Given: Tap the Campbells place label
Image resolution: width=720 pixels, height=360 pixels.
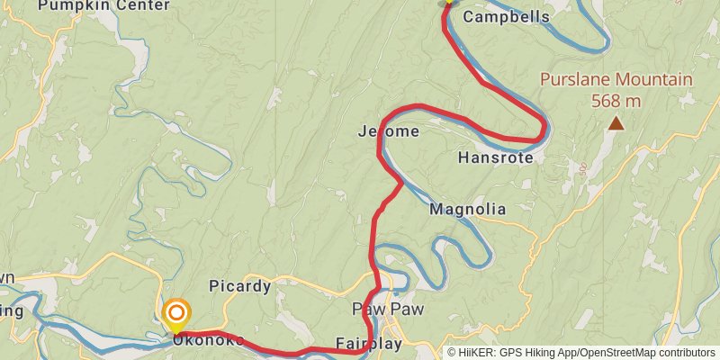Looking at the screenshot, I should (506, 16).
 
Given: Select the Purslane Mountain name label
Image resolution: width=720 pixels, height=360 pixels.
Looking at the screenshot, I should (616, 79).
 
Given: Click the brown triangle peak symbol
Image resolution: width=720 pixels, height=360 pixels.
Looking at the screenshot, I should (616, 122).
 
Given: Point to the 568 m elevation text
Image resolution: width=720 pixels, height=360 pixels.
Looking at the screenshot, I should (616, 100).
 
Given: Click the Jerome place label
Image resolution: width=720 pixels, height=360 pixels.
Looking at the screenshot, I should (389, 131).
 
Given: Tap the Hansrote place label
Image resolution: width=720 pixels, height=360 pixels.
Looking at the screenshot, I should (495, 157).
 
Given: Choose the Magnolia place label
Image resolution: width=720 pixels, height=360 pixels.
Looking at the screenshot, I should (467, 210).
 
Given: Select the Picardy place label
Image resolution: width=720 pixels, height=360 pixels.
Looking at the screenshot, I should (239, 286).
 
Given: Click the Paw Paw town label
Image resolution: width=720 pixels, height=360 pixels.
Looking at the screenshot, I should (388, 310).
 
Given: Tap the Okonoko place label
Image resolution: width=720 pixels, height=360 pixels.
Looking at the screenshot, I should (208, 340).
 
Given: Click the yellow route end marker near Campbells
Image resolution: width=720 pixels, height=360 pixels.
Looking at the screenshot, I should (447, 3).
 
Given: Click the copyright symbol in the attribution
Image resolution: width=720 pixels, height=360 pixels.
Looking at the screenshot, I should (453, 353).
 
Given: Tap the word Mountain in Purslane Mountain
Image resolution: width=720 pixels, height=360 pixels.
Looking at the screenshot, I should (654, 79).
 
